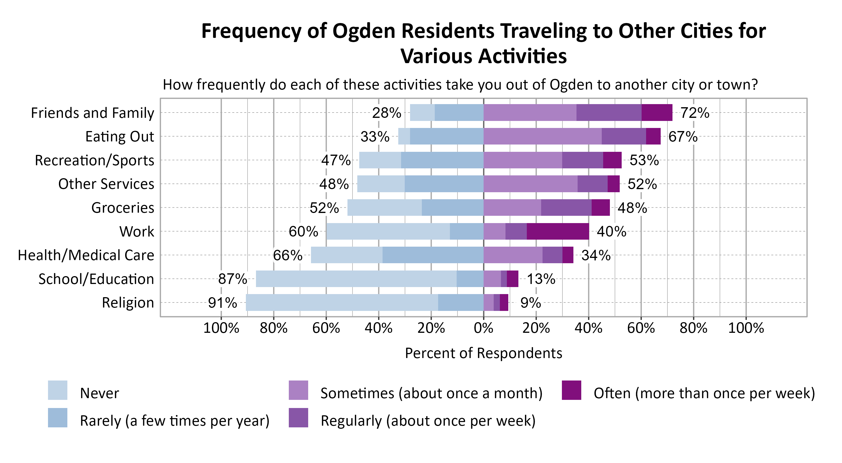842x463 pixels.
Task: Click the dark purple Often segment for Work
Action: point(558,231)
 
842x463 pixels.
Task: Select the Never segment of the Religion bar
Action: point(342,302)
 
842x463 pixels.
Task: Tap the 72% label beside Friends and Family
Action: point(695,113)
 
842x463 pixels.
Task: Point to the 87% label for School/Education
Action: point(232,279)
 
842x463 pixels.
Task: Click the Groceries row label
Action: point(123,208)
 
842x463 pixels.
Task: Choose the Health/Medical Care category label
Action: point(86,255)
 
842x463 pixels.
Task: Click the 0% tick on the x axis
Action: point(483,328)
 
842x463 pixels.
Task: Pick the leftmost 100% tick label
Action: point(221,328)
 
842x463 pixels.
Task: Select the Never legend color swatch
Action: point(58,390)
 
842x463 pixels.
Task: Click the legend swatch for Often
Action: point(571,390)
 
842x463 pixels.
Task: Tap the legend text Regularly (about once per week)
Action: point(428,421)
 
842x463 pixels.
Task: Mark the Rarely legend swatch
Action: point(58,418)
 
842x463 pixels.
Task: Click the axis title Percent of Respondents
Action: point(483,353)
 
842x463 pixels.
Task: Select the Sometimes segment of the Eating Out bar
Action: point(542,136)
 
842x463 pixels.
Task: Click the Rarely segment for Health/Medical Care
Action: point(433,255)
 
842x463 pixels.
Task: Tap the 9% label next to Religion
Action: point(530,303)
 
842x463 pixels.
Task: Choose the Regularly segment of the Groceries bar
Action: point(566,207)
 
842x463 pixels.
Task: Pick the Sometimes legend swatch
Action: point(298,390)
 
